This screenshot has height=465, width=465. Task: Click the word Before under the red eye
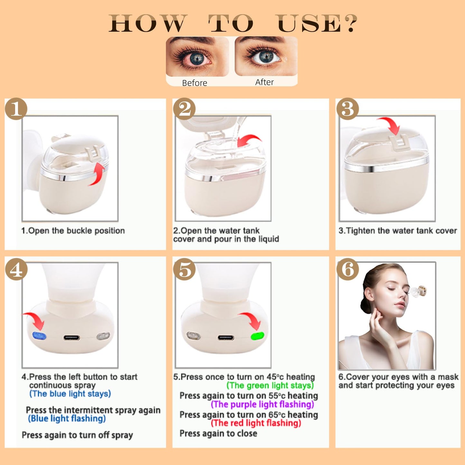click(194, 83)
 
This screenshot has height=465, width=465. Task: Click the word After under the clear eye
click(264, 82)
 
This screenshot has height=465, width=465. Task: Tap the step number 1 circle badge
click(16, 109)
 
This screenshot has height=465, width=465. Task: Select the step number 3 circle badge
click(348, 109)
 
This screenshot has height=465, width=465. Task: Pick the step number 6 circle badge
click(348, 269)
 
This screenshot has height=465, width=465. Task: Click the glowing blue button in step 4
click(40, 336)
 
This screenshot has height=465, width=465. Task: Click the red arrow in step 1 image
click(98, 174)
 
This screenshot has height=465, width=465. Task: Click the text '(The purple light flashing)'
click(262, 404)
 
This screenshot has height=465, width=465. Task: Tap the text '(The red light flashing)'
click(256, 423)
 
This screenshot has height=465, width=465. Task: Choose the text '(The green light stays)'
click(270, 386)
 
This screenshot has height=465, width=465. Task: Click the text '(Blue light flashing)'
click(67, 418)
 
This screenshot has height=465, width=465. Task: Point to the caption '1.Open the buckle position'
click(73, 231)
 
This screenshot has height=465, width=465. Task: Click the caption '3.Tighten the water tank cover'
click(397, 231)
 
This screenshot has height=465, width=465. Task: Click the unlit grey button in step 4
click(103, 336)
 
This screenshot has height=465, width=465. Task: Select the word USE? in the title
click(317, 24)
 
